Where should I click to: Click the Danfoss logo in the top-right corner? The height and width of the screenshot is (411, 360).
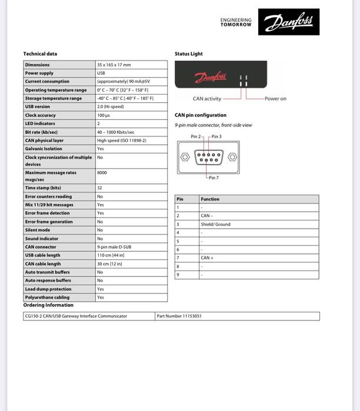click(x=289, y=22)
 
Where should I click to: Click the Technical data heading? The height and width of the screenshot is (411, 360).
click(x=40, y=54)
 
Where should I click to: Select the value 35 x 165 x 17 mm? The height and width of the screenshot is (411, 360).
click(x=114, y=65)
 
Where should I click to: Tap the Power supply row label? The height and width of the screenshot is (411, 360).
click(x=39, y=73)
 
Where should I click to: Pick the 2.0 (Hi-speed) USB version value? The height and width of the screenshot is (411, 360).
click(x=111, y=107)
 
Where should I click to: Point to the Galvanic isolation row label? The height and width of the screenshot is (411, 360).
click(x=44, y=149)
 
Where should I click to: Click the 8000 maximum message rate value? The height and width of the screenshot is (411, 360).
click(x=102, y=173)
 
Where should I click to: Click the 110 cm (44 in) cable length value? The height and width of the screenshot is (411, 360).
click(x=109, y=255)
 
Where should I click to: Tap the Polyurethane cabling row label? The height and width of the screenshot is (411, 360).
click(x=47, y=298)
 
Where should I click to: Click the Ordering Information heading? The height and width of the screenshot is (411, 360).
click(x=48, y=305)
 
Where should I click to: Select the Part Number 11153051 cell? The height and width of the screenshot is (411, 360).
click(x=179, y=316)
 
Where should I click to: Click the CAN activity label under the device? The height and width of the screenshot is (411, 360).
click(x=207, y=99)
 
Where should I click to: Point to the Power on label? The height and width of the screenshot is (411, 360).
click(x=275, y=99)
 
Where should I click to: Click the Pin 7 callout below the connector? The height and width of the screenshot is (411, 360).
click(x=212, y=178)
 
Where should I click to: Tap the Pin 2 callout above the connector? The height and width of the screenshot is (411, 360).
click(x=196, y=136)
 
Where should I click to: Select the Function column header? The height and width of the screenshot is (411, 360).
click(x=210, y=199)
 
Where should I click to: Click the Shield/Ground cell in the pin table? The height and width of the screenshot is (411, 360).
click(x=216, y=225)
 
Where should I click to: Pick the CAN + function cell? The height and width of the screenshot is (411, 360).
click(x=206, y=258)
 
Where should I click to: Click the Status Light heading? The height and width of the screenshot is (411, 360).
click(x=188, y=54)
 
